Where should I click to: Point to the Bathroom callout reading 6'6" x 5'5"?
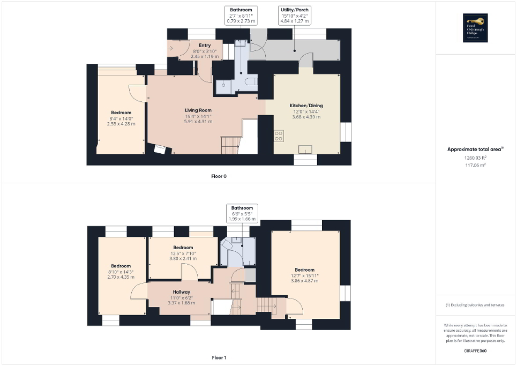243,213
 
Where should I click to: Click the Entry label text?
204,46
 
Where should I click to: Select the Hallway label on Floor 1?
181,292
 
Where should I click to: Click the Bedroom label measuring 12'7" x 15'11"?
304,270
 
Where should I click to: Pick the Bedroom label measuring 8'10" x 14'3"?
121,266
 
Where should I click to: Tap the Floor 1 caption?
219,357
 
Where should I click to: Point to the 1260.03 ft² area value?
476,158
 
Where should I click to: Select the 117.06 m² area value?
476,166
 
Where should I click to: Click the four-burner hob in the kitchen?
279,136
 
